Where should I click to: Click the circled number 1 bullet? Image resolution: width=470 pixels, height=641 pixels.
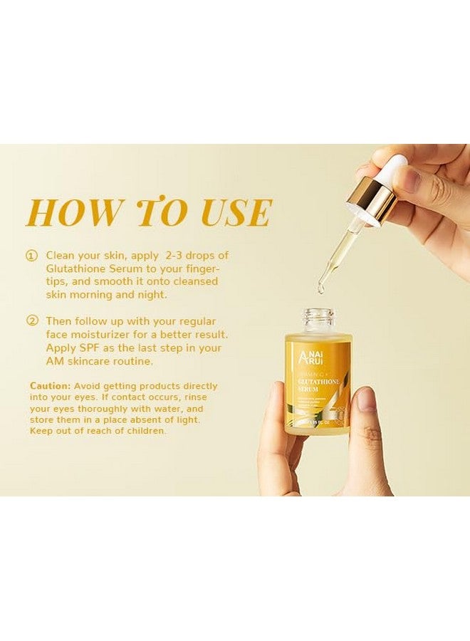point(31,255)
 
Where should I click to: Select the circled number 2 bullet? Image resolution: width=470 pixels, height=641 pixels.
point(31,321)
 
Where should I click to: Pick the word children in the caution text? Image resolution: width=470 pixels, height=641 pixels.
point(145,431)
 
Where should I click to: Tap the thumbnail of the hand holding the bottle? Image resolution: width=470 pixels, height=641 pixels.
point(365,401)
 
